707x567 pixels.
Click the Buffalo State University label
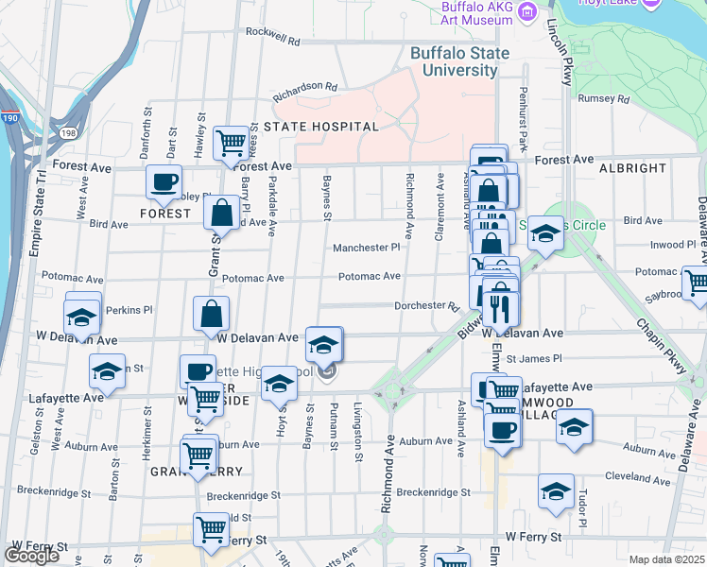coord(459,62)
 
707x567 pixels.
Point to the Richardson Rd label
coord(305,87)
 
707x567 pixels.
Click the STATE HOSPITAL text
coord(321,126)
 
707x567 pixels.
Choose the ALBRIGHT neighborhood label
coord(633,167)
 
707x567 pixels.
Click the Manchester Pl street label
coord(367,248)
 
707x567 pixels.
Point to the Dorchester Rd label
coord(426,306)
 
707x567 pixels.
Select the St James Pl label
coord(534,359)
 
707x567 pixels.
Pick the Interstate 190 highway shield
coord(9,118)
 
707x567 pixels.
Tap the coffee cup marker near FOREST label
coord(164,181)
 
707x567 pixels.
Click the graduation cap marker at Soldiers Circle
coord(544,232)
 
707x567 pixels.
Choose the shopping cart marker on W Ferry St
coord(210,528)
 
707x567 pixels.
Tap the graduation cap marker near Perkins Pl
coord(82,317)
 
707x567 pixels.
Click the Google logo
coord(32,556)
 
